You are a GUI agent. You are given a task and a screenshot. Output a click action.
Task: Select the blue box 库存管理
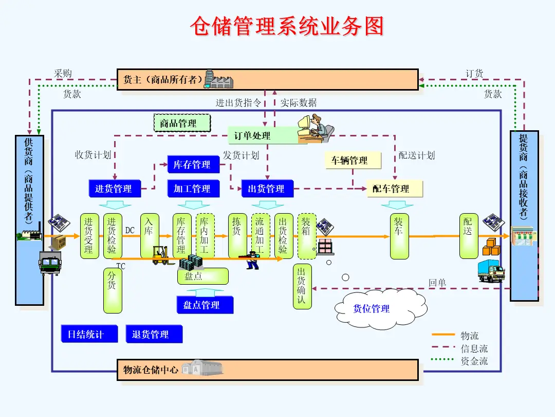(x=193, y=165)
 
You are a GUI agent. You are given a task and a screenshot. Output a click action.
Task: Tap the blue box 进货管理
(x=114, y=189)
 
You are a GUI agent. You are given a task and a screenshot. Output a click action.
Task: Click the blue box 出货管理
(x=267, y=189)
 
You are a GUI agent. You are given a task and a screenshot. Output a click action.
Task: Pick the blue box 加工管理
(x=193, y=189)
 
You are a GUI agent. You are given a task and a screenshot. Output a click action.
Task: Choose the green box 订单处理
(x=252, y=136)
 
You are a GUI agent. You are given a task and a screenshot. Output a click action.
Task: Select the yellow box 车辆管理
(x=353, y=161)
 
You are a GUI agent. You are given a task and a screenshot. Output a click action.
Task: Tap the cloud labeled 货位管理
(x=372, y=309)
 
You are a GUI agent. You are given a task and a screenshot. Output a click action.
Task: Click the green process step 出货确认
(x=302, y=286)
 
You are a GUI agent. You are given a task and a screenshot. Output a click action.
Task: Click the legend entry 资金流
(x=474, y=360)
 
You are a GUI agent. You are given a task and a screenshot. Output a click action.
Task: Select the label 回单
(x=437, y=283)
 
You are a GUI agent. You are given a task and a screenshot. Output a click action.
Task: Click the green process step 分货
(x=113, y=290)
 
